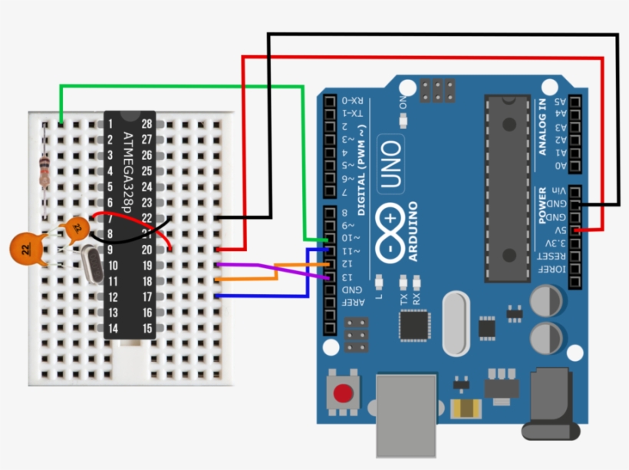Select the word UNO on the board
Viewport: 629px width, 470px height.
coord(390,164)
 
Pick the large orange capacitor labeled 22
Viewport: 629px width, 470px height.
coord(27,248)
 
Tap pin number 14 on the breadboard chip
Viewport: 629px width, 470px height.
coord(113,329)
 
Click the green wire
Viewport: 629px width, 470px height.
coord(184,87)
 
